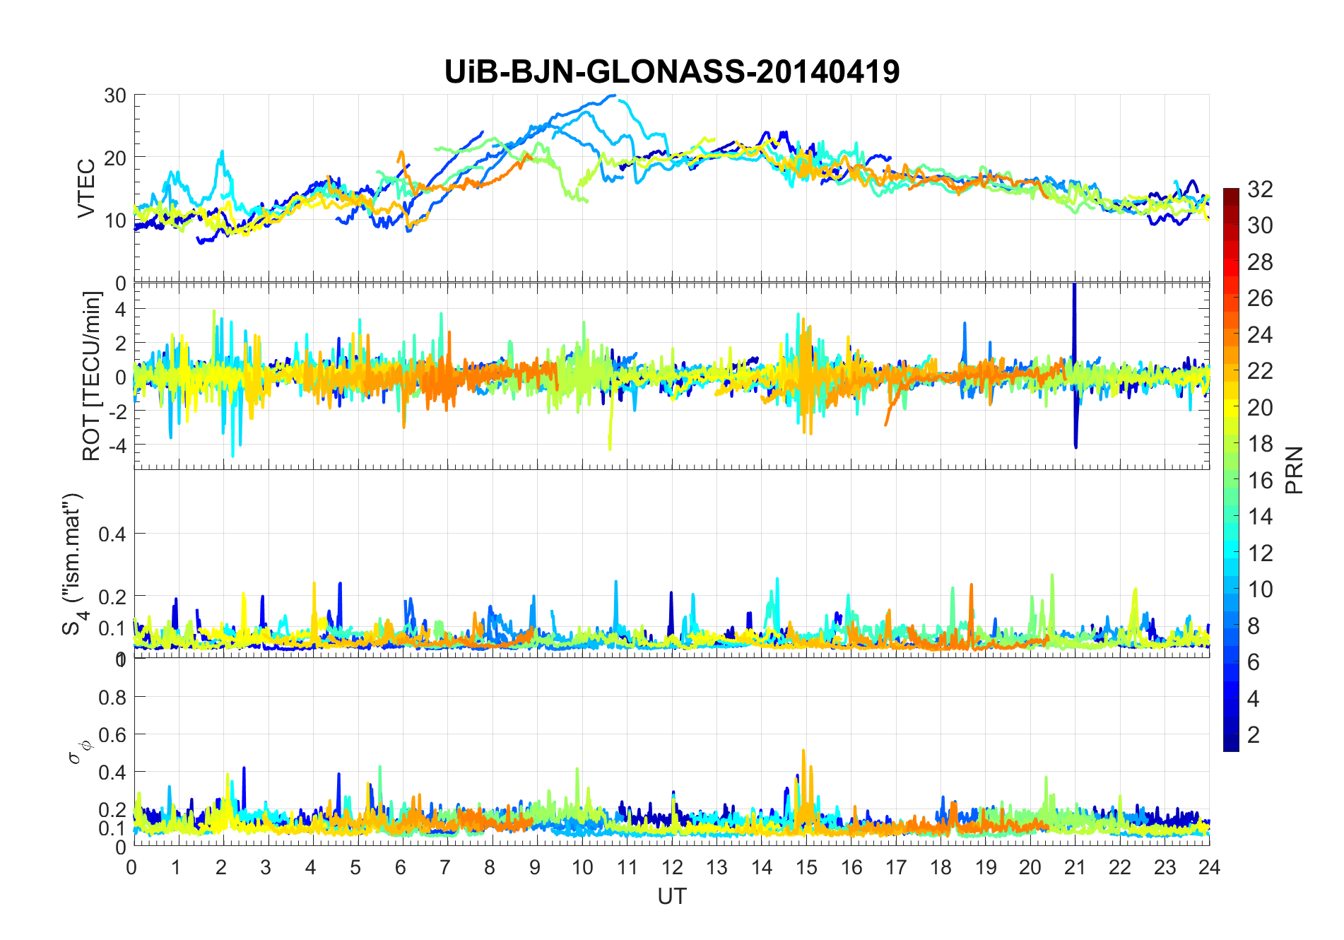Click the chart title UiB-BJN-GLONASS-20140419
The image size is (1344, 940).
(671, 72)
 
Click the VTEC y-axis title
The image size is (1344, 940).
(86, 189)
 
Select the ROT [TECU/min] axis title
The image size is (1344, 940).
(92, 376)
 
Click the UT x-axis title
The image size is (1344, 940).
(671, 897)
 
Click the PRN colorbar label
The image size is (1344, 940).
(1295, 470)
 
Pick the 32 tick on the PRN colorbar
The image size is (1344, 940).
(1260, 189)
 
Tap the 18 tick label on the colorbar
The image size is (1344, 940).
(1260, 444)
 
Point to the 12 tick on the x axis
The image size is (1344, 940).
(672, 868)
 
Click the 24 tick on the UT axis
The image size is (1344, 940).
(1209, 868)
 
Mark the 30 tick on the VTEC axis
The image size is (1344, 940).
(115, 96)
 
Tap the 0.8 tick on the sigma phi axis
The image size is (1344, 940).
(112, 698)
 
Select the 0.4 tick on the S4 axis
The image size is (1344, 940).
(112, 534)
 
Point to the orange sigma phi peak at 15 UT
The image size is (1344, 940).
(804, 752)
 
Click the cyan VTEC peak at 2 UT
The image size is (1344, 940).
(223, 152)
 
